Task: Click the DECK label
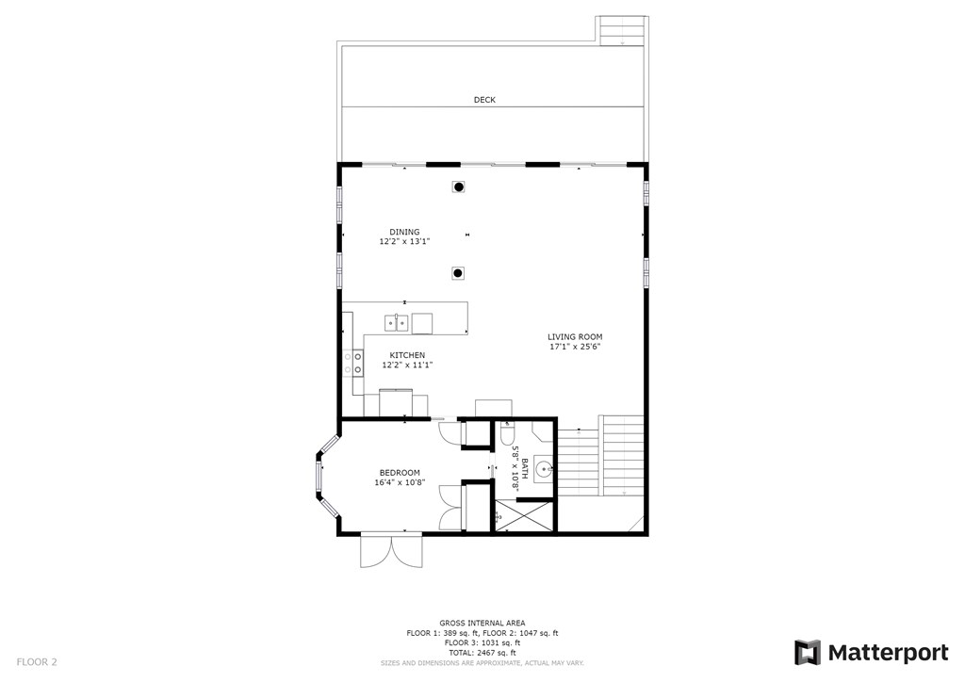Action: (x=484, y=100)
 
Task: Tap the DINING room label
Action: (x=405, y=232)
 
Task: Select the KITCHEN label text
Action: (x=407, y=355)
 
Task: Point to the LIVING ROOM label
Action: (x=575, y=336)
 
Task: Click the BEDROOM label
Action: (x=400, y=473)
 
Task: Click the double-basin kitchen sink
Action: (x=396, y=324)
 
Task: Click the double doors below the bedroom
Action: (x=391, y=550)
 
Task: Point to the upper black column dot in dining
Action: (x=459, y=187)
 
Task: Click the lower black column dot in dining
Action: (x=458, y=273)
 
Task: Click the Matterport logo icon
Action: (x=808, y=653)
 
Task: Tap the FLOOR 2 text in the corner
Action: (x=37, y=662)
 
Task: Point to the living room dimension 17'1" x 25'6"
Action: (x=575, y=347)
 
